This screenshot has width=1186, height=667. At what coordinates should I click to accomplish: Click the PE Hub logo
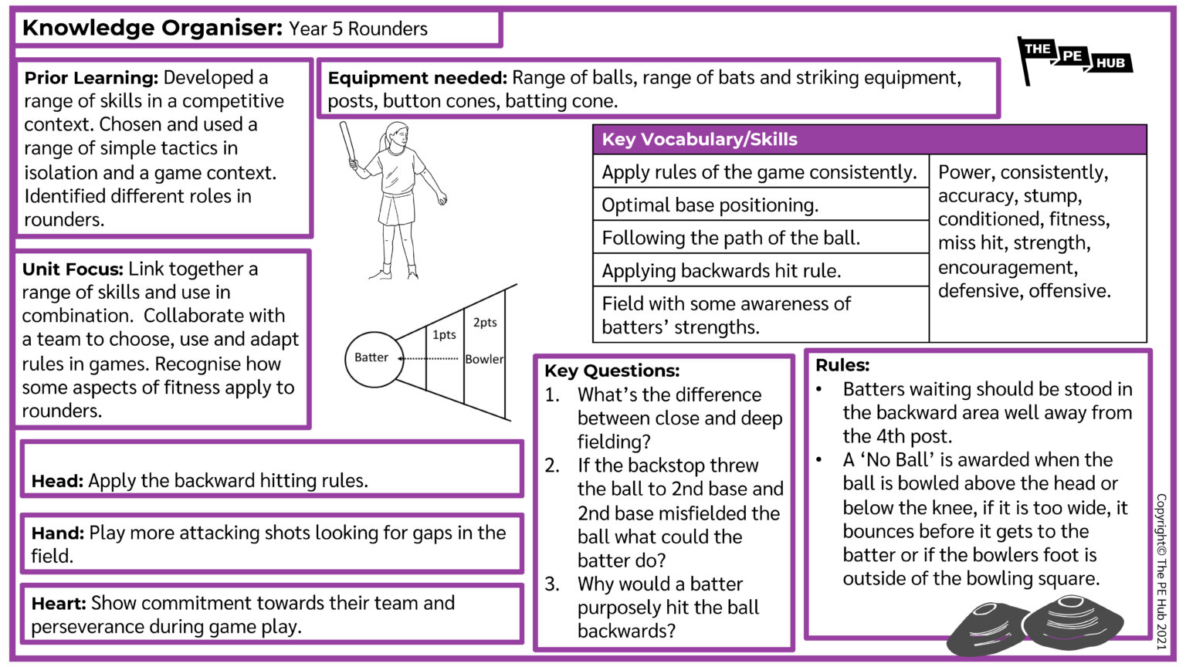tap(1075, 59)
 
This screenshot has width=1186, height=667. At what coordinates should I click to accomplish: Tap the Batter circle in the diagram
tap(374, 358)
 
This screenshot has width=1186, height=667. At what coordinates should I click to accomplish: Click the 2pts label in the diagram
tap(485, 323)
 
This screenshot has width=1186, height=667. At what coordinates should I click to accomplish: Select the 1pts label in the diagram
tap(444, 335)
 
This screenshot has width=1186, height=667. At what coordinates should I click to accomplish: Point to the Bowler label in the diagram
tap(484, 359)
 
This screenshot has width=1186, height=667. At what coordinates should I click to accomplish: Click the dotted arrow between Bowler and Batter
tap(432, 358)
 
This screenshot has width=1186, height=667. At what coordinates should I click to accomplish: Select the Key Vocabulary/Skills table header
tap(869, 140)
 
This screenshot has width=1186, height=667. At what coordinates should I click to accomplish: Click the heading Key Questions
tap(612, 371)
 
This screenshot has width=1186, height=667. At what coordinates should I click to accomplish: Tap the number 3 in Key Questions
tap(551, 584)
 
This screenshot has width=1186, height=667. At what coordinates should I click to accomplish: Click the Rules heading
tap(842, 365)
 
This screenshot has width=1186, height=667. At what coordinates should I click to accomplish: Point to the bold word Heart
tap(58, 604)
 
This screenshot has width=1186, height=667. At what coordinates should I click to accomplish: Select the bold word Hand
tap(57, 533)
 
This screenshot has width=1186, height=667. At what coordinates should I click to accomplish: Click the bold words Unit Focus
tap(73, 269)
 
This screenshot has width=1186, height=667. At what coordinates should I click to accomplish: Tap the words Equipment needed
tap(417, 78)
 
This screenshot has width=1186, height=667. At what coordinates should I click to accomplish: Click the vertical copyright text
tap(1161, 571)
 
